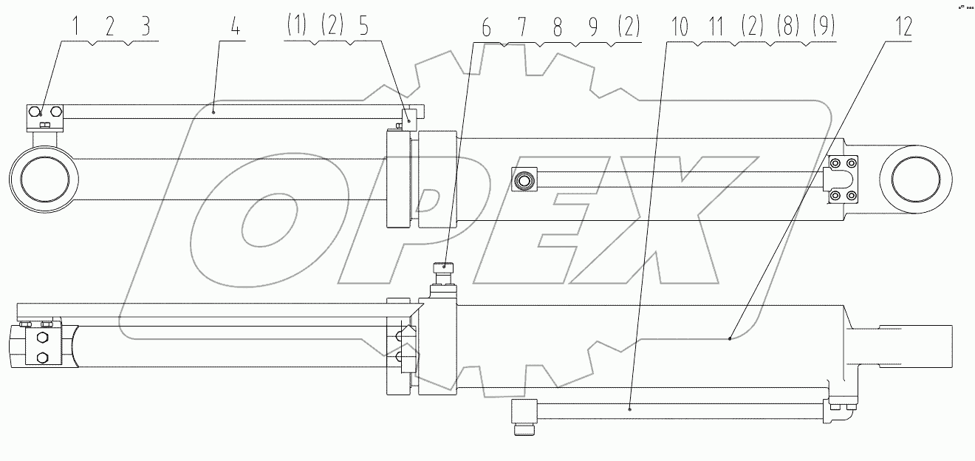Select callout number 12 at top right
(x=904, y=28)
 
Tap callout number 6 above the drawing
(x=485, y=28)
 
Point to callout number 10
(x=680, y=28)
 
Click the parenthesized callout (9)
(x=823, y=28)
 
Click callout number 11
(x=716, y=28)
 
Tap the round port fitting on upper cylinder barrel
(x=526, y=179)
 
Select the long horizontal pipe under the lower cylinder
(x=680, y=409)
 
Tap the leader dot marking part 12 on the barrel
(x=730, y=338)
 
